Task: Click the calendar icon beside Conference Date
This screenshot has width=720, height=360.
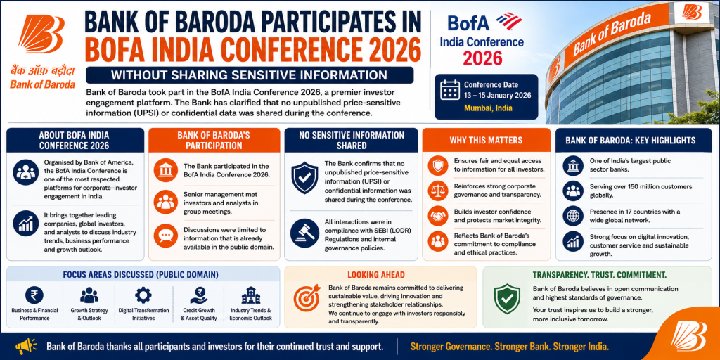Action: [449, 90]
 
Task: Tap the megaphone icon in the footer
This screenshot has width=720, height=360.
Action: [26, 346]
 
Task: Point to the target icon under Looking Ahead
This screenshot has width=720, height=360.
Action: [307, 297]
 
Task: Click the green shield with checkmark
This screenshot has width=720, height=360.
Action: [507, 298]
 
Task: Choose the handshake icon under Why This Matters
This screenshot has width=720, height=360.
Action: [437, 215]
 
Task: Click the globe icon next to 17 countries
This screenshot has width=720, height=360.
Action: [572, 216]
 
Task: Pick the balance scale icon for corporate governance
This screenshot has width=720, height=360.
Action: [437, 191]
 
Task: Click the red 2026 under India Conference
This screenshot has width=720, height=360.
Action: [482, 58]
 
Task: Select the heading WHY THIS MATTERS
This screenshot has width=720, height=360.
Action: [486, 140]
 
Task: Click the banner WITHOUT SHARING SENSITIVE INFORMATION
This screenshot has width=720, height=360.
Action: [250, 75]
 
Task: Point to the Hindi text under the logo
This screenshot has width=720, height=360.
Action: [42, 72]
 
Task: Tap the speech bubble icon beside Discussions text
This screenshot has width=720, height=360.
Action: [165, 235]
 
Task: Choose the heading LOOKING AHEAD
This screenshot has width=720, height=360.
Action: [375, 275]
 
